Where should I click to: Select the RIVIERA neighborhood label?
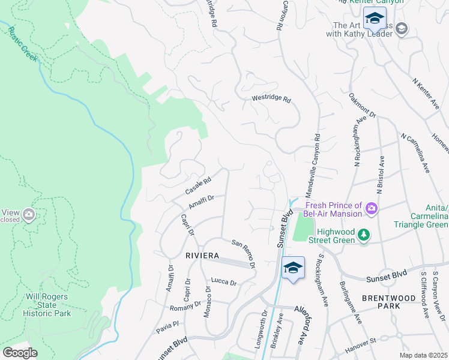pyautogui.click(x=202, y=256)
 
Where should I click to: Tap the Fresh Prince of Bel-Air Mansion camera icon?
pyautogui.click(x=372, y=208)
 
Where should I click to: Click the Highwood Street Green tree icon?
pyautogui.click(x=363, y=235)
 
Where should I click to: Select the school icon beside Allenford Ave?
pyautogui.click(x=292, y=268)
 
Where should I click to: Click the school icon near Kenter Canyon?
pyautogui.click(x=375, y=18)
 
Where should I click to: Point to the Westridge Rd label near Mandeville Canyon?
pyautogui.click(x=271, y=99)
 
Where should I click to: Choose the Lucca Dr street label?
pyautogui.click(x=224, y=281)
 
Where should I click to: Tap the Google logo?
pyautogui.click(x=20, y=353)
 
